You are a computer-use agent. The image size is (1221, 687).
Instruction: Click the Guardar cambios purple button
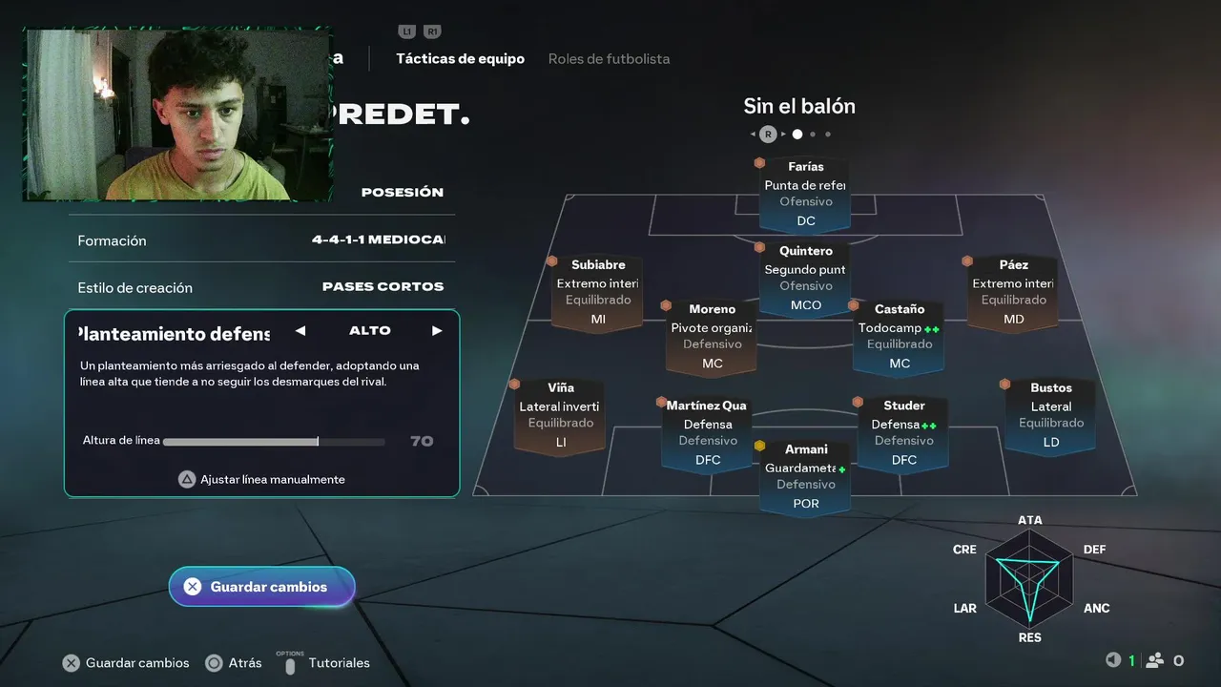[261, 587]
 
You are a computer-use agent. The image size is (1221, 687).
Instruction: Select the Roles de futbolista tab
[609, 59]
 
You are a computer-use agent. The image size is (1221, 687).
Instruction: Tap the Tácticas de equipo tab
[460, 59]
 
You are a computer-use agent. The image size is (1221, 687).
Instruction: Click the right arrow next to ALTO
[437, 331]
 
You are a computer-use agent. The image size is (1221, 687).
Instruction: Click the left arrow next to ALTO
[300, 331]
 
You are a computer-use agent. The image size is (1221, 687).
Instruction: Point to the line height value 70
[422, 441]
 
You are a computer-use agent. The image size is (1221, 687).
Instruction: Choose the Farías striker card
[806, 195]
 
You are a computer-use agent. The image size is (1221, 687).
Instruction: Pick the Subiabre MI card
[598, 292]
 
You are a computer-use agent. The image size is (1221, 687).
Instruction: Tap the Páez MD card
[1013, 292]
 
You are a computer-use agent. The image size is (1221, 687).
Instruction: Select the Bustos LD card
[1050, 415]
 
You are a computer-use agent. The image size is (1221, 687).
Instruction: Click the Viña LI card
[561, 415]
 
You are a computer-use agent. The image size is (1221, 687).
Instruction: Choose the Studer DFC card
[903, 433]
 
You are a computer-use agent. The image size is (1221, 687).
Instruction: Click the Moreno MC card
[712, 337]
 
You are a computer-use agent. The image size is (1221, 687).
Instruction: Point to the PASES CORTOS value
[383, 286]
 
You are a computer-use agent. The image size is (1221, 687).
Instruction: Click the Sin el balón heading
[799, 106]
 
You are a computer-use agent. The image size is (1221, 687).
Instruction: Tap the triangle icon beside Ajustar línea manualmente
[187, 479]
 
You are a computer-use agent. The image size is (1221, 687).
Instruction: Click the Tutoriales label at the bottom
[339, 663]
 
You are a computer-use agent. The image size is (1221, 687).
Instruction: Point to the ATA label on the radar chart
[1029, 520]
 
